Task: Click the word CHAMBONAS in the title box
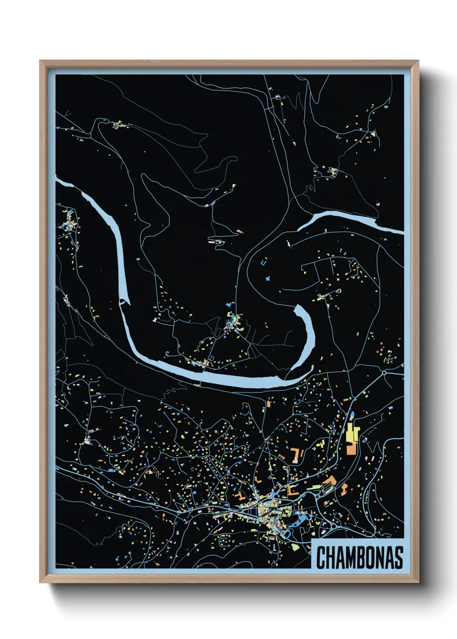point(359,557)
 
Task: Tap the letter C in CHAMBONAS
point(321,557)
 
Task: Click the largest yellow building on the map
point(351,433)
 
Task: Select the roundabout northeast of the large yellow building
point(384,372)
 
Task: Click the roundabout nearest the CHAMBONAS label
point(333,525)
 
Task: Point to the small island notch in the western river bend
point(123,301)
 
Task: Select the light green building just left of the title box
point(296,547)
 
